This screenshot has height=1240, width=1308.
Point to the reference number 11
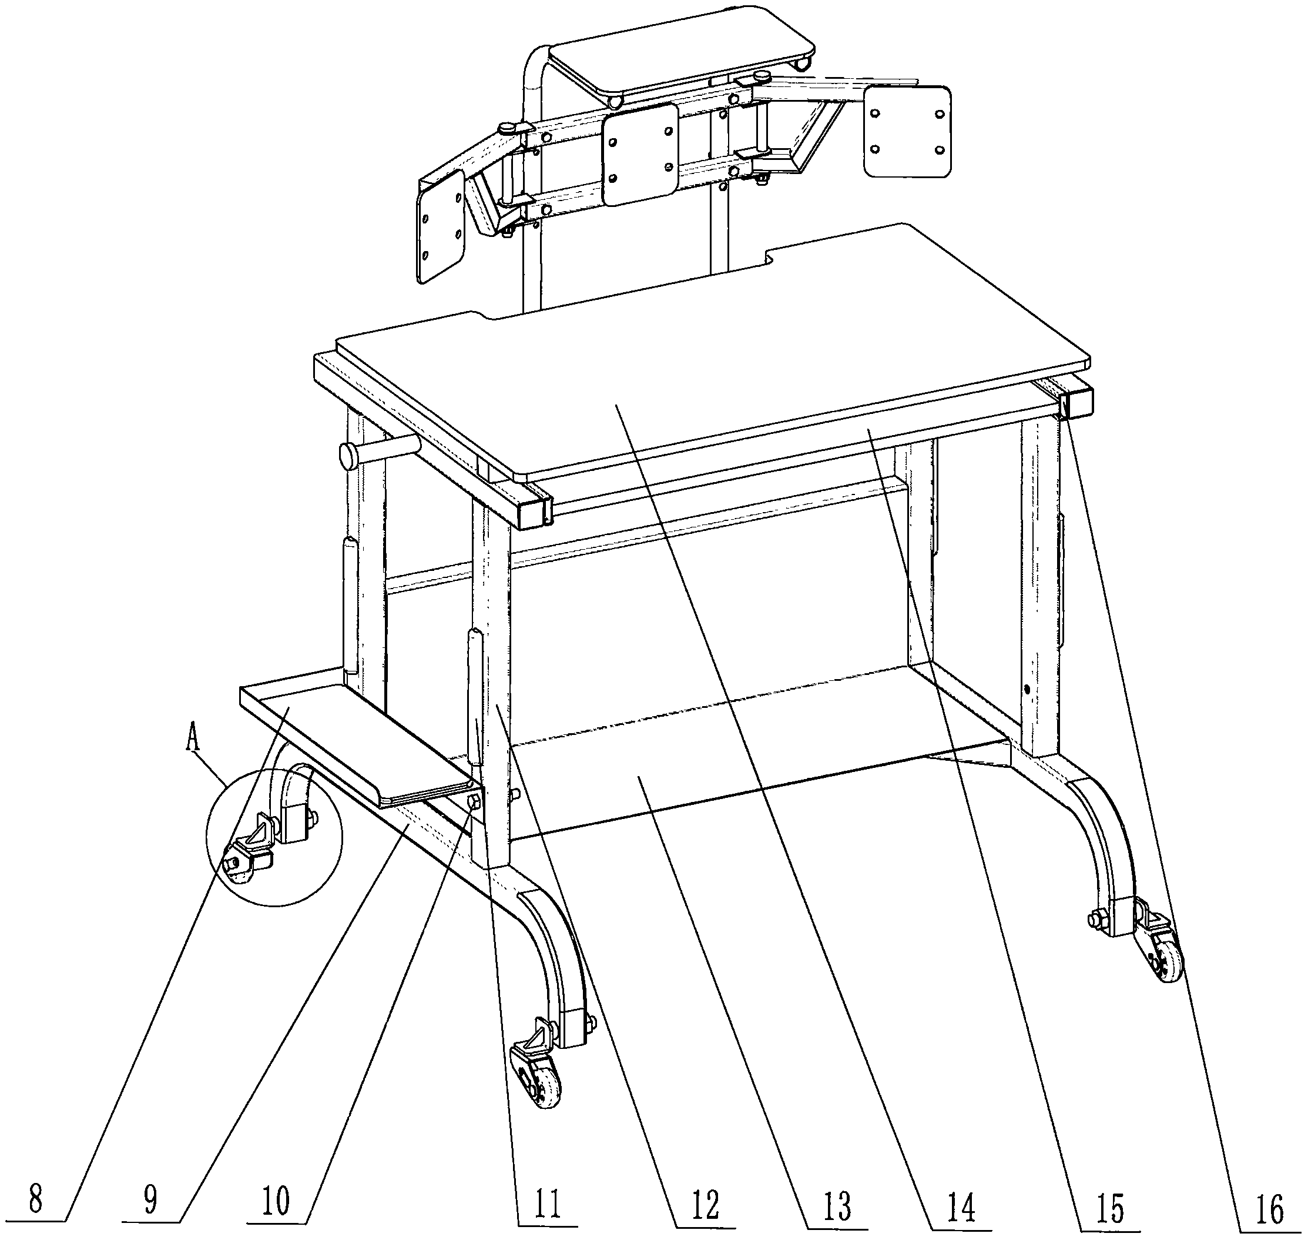coord(549,1203)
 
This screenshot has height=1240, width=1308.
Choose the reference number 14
coord(961,1208)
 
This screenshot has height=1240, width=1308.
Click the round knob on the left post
coord(350,456)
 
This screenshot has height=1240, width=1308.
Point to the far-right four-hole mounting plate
coord(908,132)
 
